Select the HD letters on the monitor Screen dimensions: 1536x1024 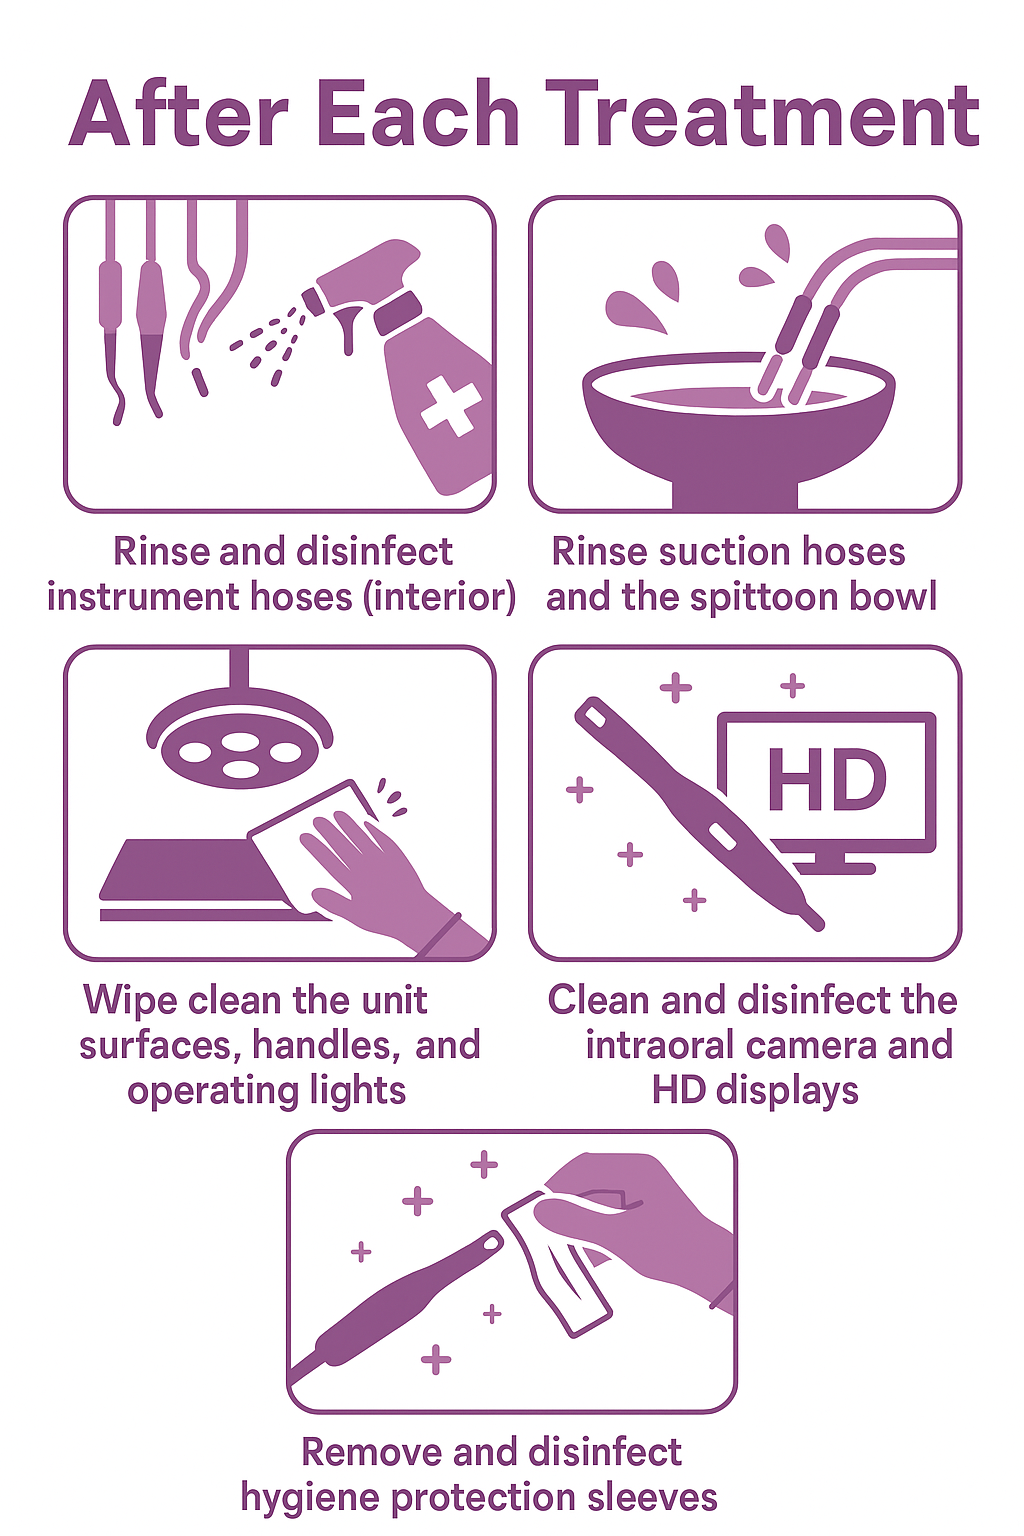pyautogui.click(x=826, y=781)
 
